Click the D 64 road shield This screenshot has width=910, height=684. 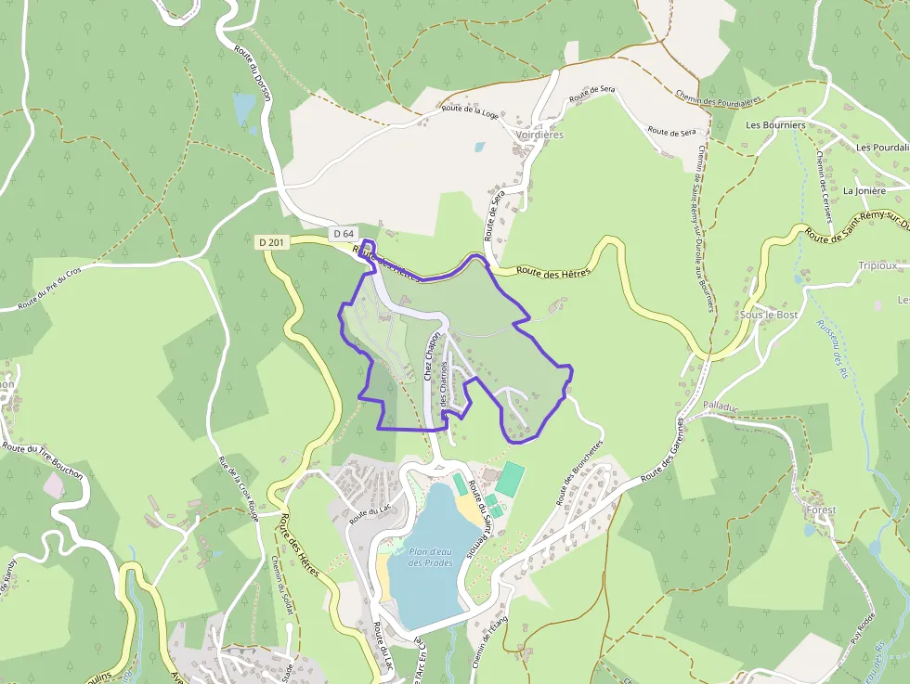[343, 233]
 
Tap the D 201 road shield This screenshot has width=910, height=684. [272, 242]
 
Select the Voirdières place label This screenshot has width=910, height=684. [539, 135]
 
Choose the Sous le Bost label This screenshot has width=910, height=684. [768, 315]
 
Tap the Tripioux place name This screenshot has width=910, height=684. [877, 265]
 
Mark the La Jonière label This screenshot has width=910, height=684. [864, 190]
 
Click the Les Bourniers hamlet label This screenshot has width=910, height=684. [775, 124]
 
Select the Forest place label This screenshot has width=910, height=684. [821, 510]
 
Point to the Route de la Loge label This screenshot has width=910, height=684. [470, 111]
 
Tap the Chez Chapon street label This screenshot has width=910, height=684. [431, 356]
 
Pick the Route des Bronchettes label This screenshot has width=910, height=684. [579, 472]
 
